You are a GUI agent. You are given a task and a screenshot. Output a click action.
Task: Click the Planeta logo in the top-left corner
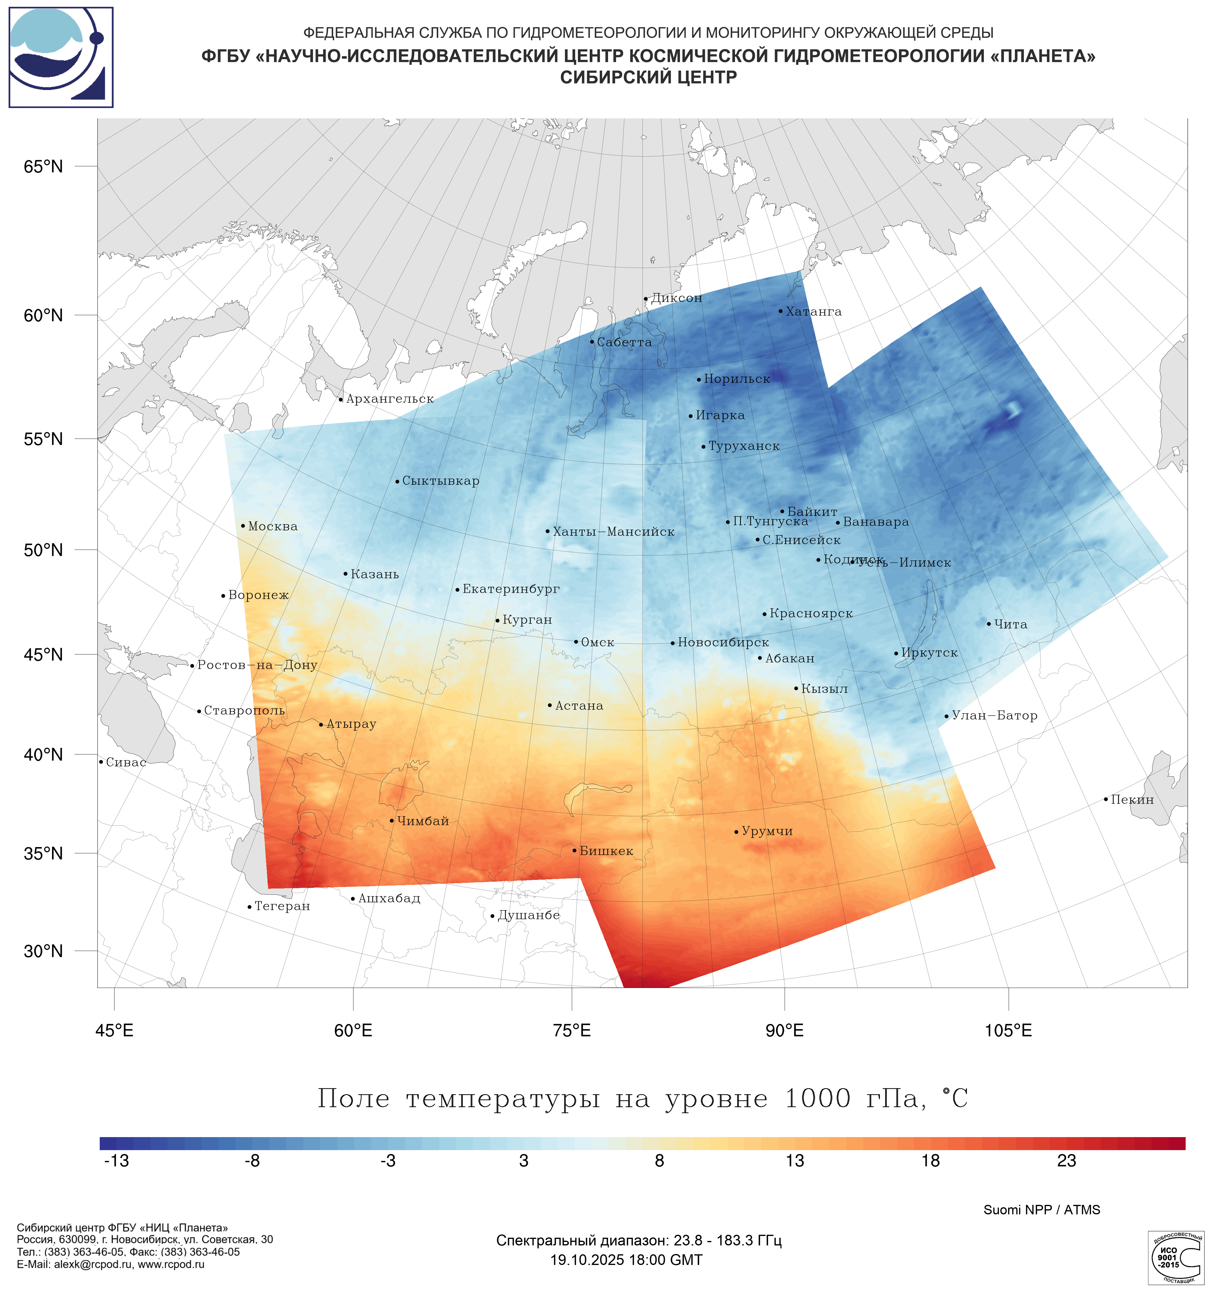(x=61, y=57)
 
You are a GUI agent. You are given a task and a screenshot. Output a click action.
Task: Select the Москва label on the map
(x=273, y=526)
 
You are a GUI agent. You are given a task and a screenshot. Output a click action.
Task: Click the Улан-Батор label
(x=994, y=716)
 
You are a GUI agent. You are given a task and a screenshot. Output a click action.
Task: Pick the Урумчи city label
(x=767, y=831)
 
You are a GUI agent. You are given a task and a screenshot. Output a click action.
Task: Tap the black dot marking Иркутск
(x=897, y=653)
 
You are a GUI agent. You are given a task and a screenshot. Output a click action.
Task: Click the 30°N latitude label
(x=43, y=951)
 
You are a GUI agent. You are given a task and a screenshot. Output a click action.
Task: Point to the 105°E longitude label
(x=1008, y=1031)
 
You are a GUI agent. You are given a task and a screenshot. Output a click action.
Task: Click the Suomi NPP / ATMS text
(x=1041, y=1210)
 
